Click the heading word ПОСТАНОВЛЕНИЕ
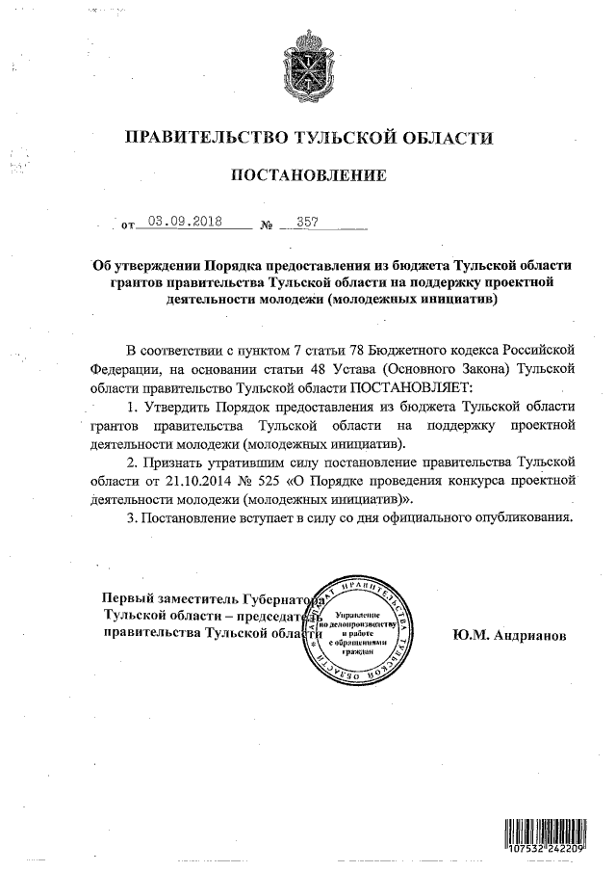[308, 175]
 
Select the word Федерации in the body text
[121, 368]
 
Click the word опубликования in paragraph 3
[526, 518]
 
